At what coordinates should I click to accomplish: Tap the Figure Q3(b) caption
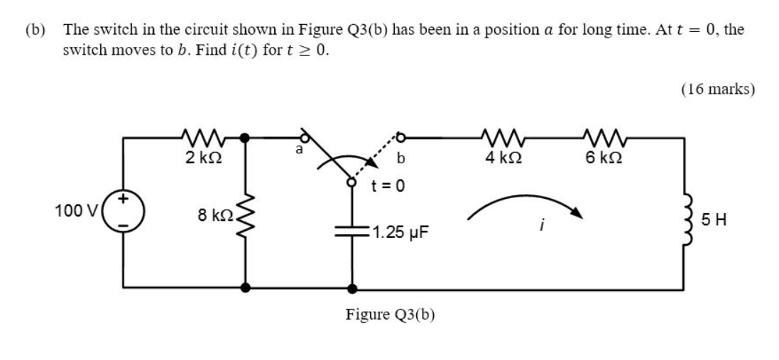[x=390, y=314]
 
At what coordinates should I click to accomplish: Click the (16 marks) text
[x=718, y=89]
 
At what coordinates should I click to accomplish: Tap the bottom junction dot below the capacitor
[x=352, y=289]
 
